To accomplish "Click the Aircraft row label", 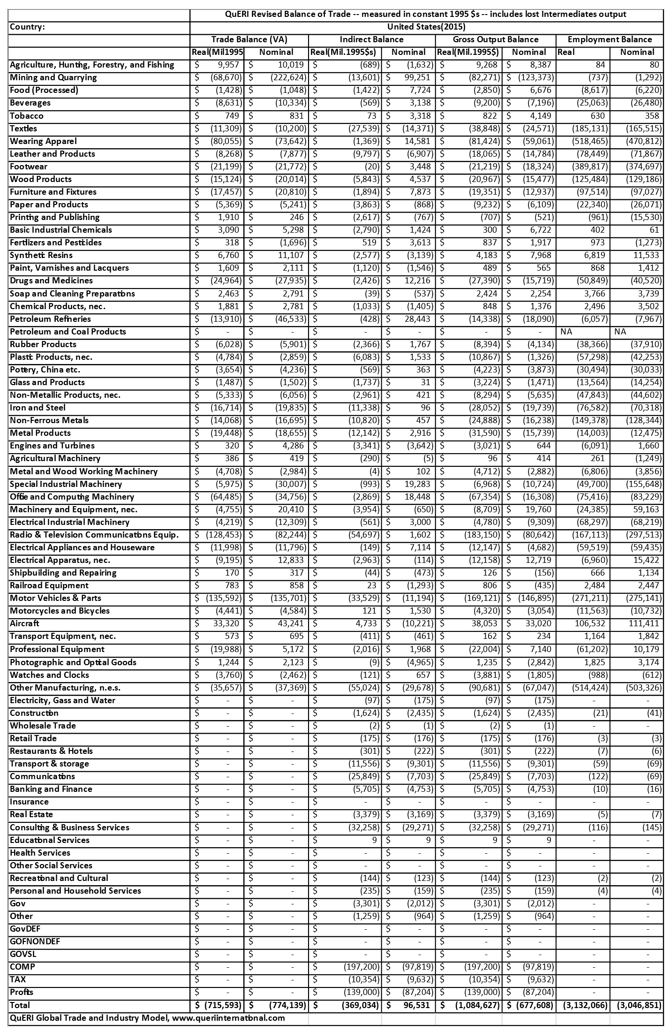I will pos(25,623).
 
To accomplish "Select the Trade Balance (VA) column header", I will pos(249,39).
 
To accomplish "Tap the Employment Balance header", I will pos(610,39).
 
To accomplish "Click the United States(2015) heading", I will pos(426,27).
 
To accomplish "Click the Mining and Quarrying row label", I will pos(53,77).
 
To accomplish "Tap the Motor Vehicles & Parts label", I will pos(55,598).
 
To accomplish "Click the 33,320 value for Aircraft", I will pos(226,623).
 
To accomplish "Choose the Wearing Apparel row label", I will pos(43,141).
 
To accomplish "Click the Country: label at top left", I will pos(27,27).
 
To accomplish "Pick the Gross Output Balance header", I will pos(496,39).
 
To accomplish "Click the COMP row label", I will pos(23,967).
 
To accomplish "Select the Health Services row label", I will pos(40,853).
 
